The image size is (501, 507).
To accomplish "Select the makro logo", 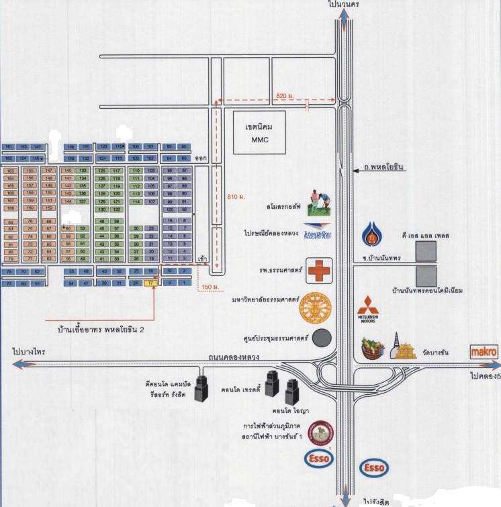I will [x=484, y=351].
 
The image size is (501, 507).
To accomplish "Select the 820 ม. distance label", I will [x=285, y=97].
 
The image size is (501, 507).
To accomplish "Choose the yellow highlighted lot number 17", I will [x=151, y=283].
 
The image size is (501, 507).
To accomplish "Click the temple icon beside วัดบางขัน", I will [x=405, y=347].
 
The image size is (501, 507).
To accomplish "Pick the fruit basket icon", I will [x=371, y=347].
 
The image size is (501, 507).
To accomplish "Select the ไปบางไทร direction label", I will [x=29, y=351].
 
